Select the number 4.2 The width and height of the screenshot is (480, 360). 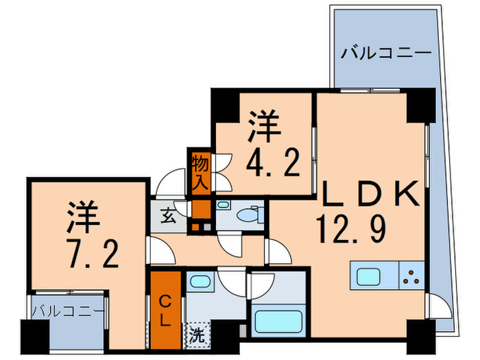click(x=272, y=164)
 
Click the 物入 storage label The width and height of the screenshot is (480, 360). click(x=200, y=173)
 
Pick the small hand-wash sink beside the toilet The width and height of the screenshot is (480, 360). click(x=224, y=206)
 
